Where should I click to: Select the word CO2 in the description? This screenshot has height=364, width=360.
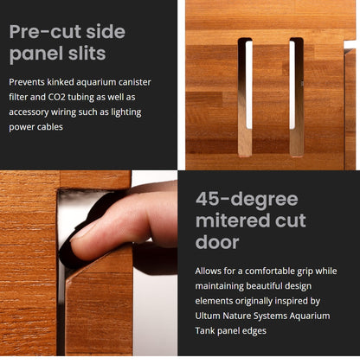pos(56,97)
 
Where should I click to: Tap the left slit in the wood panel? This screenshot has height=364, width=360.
pos(245,97)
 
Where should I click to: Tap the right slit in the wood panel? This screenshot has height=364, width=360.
pos(296,97)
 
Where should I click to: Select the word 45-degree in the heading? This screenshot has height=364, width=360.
pos(247,200)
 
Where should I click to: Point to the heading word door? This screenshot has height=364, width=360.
pos(217,241)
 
